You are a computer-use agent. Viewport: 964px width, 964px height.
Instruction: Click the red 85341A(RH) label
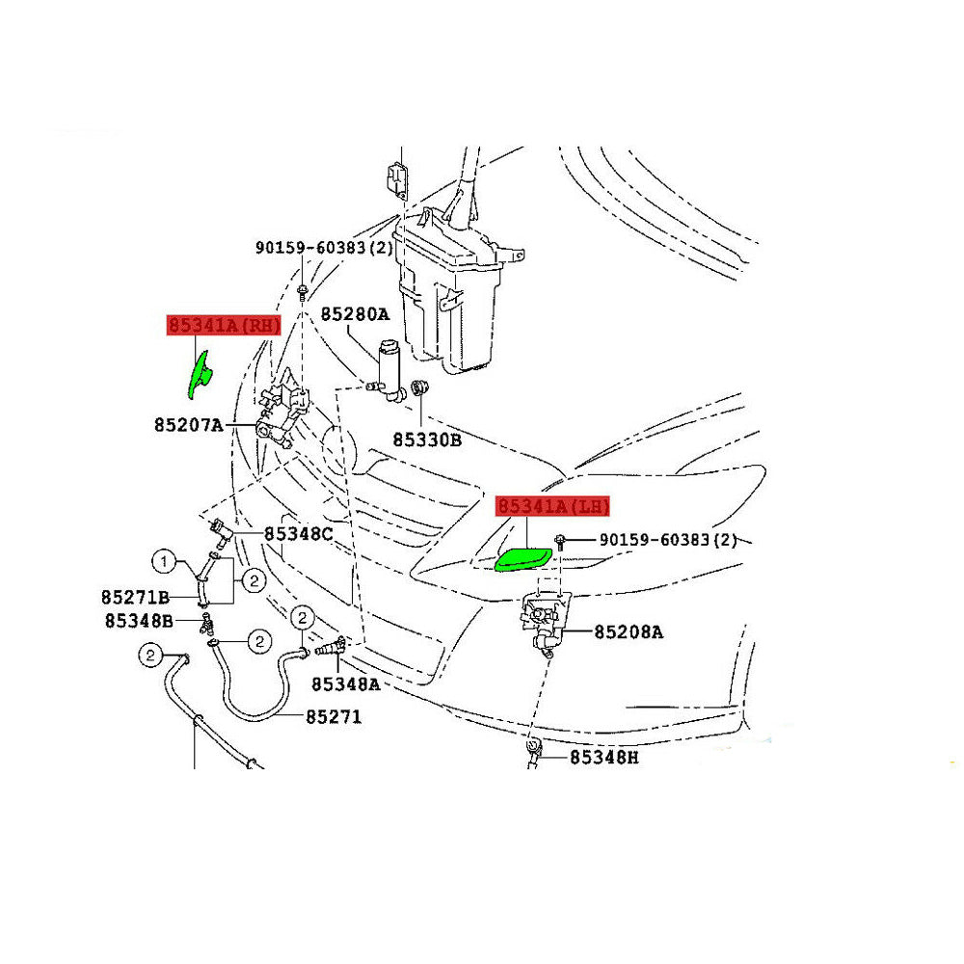pyautogui.click(x=224, y=325)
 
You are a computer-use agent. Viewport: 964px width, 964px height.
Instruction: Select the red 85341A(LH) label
pyautogui.click(x=553, y=506)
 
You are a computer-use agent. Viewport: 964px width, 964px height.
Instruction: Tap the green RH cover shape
pyautogui.click(x=201, y=374)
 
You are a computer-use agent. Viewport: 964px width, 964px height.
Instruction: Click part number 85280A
pyautogui.click(x=355, y=314)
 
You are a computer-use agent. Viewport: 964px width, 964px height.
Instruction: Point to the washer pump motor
pyautogui.click(x=391, y=369)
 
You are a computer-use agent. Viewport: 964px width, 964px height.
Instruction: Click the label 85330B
pyautogui.click(x=427, y=440)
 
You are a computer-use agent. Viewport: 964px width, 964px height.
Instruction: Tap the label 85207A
pyautogui.click(x=188, y=423)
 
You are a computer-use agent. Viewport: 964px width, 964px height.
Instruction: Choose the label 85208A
pyautogui.click(x=629, y=632)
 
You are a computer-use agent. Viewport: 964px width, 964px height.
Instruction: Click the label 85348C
pyautogui.click(x=299, y=533)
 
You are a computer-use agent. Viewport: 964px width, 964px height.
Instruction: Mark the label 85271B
pyautogui.click(x=135, y=596)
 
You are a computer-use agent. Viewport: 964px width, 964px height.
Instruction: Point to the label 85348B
pyautogui.click(x=139, y=621)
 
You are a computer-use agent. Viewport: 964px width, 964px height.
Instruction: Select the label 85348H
pyautogui.click(x=603, y=758)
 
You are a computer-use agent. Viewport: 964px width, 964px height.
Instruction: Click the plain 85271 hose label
pyautogui.click(x=334, y=717)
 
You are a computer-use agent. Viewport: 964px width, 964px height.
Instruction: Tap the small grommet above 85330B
pyautogui.click(x=419, y=388)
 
